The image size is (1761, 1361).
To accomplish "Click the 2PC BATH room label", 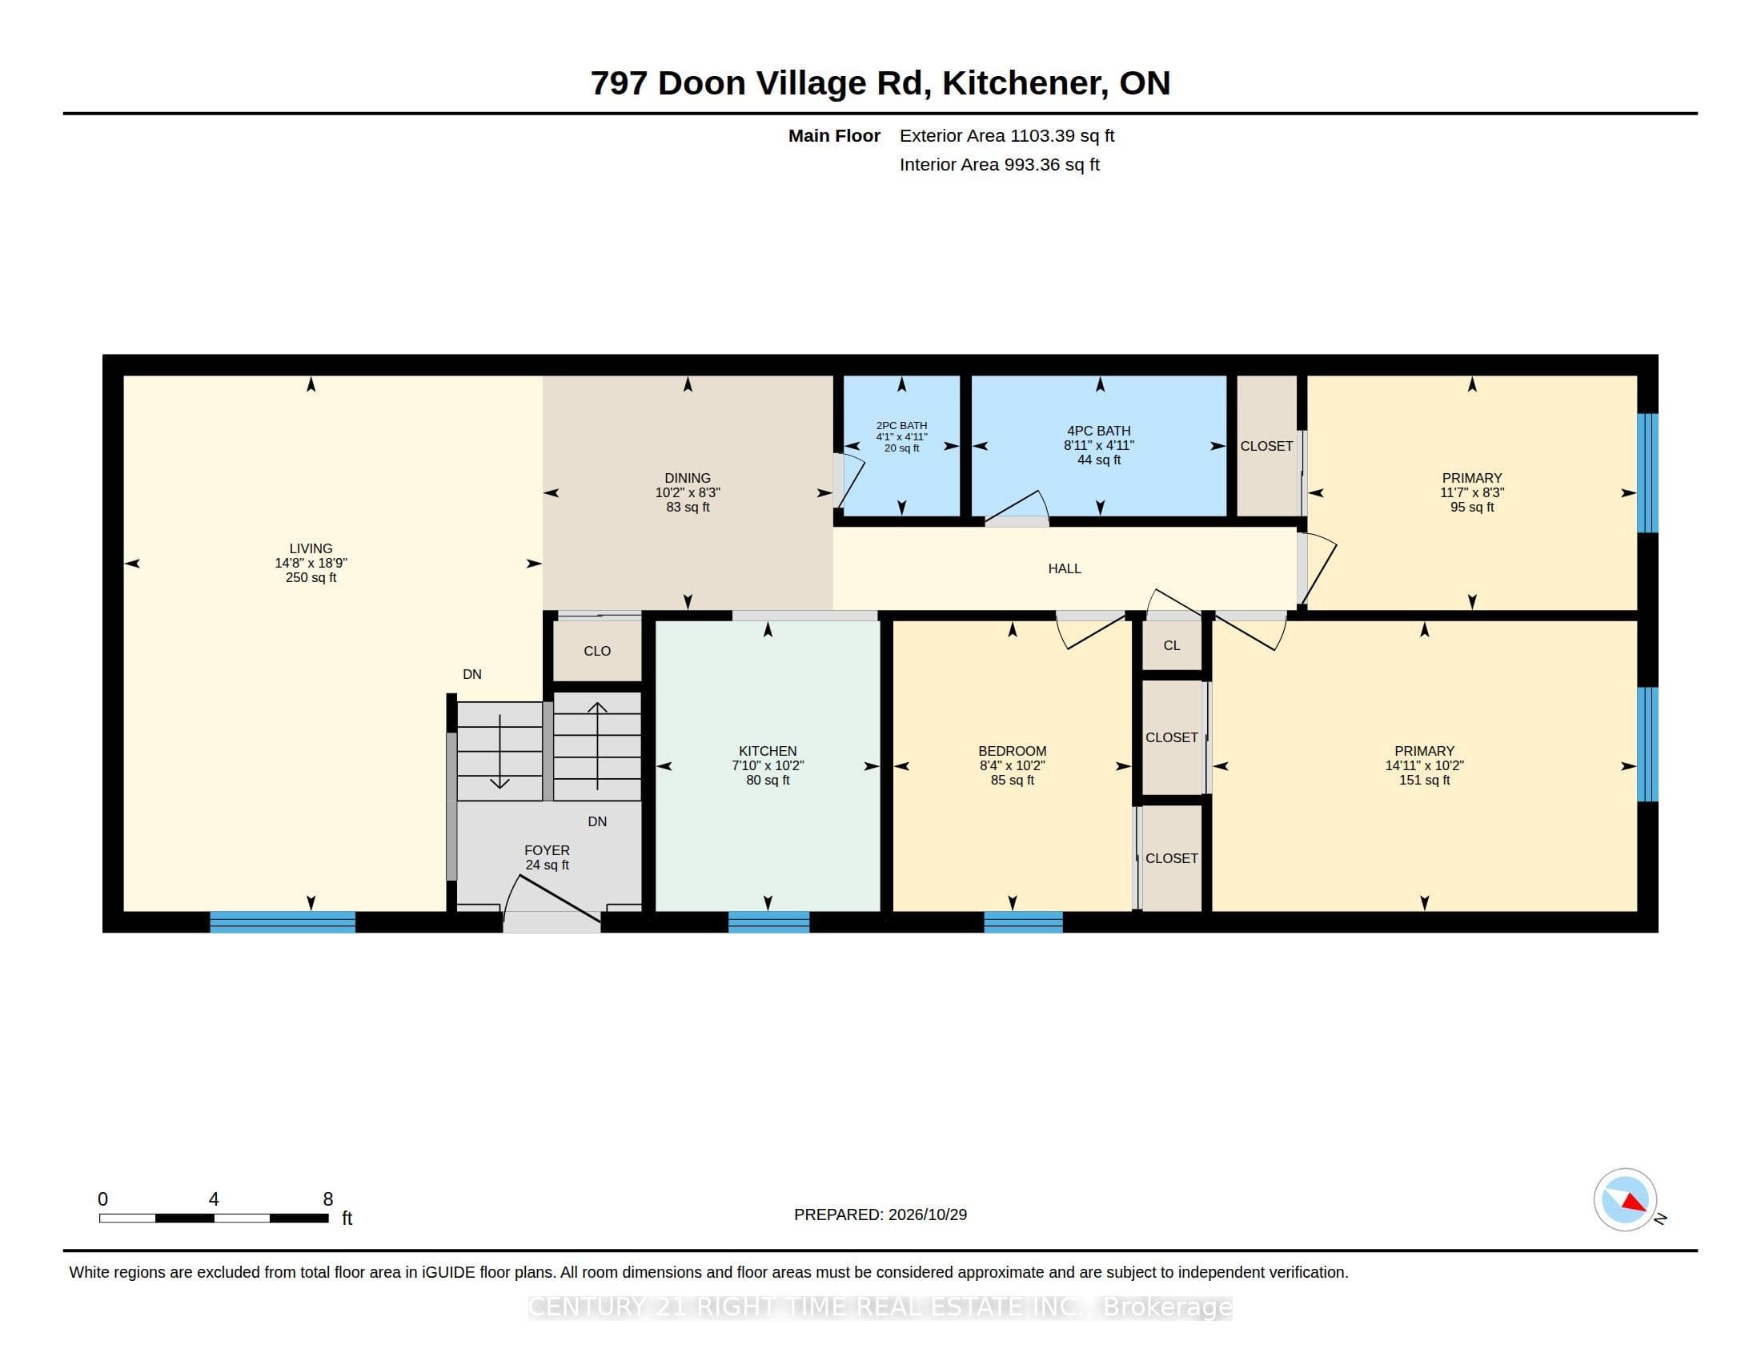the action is (x=901, y=425).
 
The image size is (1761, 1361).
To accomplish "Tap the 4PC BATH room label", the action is (x=1099, y=431).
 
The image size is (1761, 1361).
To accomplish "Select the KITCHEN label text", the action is (x=768, y=751).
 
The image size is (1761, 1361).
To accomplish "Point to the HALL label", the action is (x=1065, y=568).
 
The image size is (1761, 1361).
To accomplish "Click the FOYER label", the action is (x=547, y=849).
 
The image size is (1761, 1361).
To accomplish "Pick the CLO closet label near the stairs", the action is (x=597, y=651).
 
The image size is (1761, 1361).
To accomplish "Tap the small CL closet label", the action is (x=1172, y=645).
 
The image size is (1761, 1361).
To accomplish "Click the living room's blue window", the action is (x=283, y=921).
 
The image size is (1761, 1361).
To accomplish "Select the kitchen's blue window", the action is (x=768, y=921).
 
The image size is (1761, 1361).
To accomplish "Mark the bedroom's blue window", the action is (x=1023, y=921).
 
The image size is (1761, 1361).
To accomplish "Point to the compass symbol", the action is (x=1625, y=1199).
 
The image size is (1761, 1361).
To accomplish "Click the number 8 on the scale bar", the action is (x=328, y=1199).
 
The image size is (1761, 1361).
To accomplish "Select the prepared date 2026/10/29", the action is (x=927, y=1214).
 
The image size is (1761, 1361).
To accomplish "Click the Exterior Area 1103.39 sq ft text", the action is (x=1007, y=135).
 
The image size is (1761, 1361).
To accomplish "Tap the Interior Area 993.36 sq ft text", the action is (x=1000, y=164).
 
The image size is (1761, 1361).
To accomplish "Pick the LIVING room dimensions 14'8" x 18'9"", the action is (x=311, y=563).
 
